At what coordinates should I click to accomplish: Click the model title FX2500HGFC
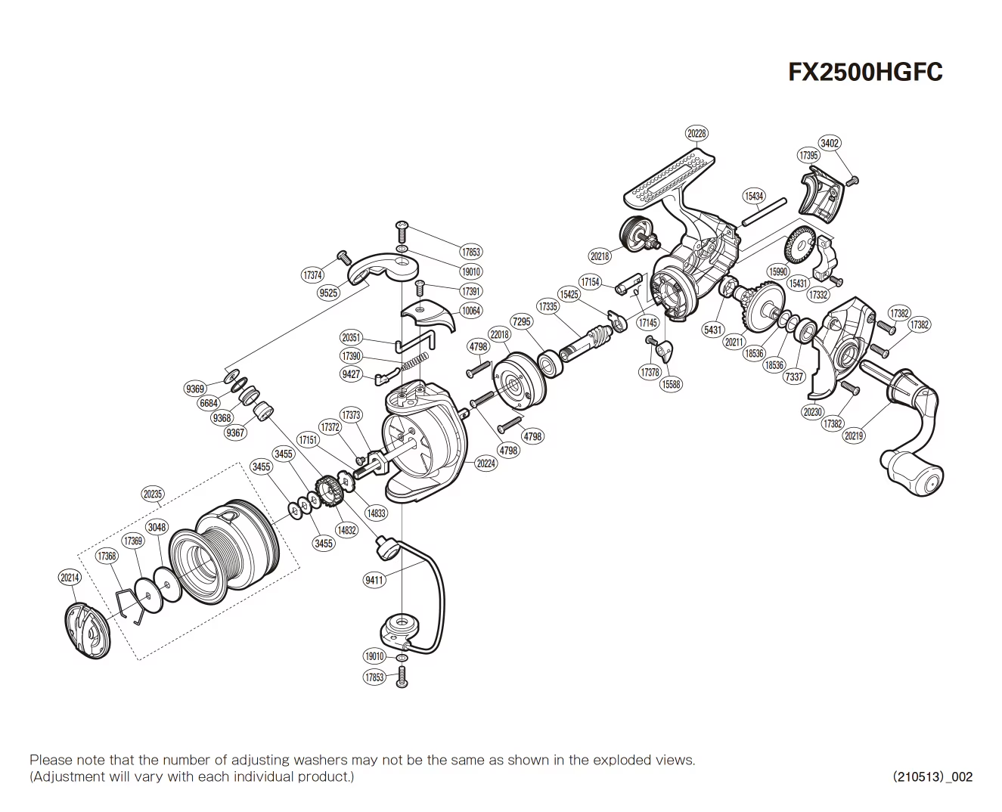pos(865,72)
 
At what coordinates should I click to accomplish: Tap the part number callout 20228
pos(696,133)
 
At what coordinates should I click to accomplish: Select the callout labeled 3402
pos(830,143)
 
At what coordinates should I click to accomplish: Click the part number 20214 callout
pos(69,578)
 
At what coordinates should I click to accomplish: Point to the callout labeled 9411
pos(374,580)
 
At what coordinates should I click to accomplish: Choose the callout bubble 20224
pos(485,463)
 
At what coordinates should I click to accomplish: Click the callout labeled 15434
pos(754,196)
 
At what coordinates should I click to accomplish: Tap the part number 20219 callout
pos(854,435)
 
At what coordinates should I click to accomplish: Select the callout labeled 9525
pos(328,293)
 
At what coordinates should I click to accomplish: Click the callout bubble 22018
pos(499,334)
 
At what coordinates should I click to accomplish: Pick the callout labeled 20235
pos(152,494)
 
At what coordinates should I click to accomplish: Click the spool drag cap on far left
pos(87,630)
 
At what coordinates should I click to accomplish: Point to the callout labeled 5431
pos(712,330)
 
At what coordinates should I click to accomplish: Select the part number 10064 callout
pos(470,311)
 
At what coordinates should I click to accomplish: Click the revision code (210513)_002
pos(932,776)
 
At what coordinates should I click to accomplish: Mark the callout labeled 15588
pos(670,384)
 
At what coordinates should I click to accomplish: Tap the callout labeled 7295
pos(522,321)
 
